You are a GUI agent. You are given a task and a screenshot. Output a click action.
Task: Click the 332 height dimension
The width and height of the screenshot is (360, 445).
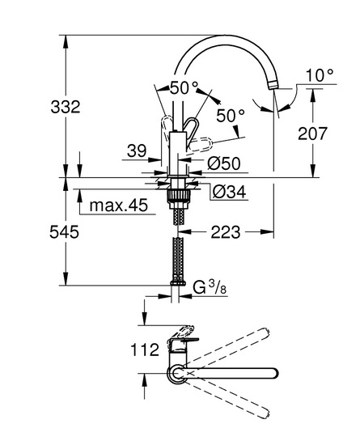click(66, 107)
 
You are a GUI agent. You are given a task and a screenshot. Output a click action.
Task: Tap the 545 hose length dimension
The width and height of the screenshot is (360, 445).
click(65, 232)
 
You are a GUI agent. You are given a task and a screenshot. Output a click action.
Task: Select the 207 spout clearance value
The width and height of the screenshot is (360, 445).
click(312, 133)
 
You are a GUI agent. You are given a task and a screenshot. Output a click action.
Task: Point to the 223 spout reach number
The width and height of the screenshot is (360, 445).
click(226, 232)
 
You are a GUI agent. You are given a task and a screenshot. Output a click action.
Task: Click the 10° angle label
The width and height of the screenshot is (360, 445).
click(320, 75)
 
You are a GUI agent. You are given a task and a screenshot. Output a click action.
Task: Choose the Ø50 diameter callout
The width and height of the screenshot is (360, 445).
click(224, 163)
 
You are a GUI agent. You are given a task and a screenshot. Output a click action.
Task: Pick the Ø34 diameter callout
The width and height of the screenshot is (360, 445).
click(229, 192)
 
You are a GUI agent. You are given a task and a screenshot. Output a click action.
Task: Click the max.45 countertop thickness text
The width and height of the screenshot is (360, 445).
click(119, 205)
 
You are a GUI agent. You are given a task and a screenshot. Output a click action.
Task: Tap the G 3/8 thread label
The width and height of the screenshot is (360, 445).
click(210, 287)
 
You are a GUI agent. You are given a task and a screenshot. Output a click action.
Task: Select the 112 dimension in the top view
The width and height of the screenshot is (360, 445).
click(145, 350)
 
